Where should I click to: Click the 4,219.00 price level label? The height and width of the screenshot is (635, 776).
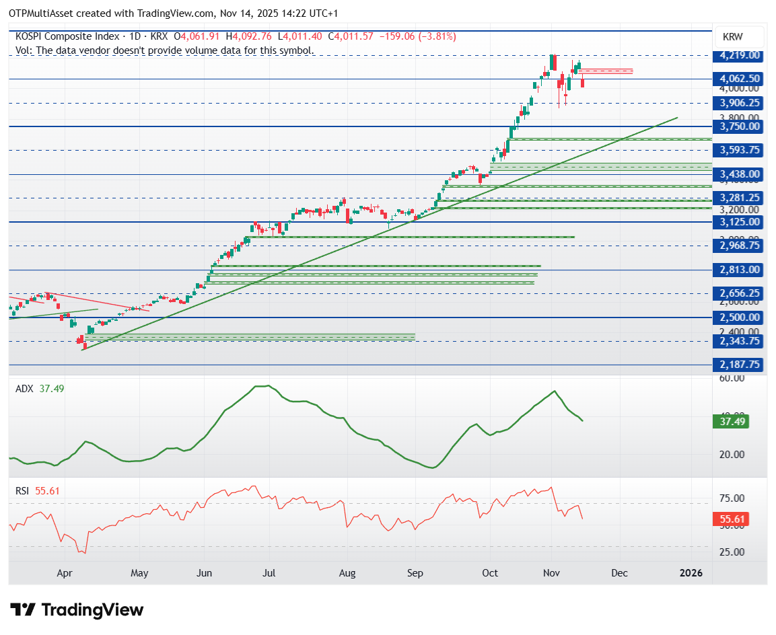pyautogui.click(x=740, y=55)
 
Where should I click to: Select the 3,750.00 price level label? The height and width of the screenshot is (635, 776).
pyautogui.click(x=740, y=126)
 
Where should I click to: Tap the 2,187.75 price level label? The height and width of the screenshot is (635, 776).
pyautogui.click(x=740, y=364)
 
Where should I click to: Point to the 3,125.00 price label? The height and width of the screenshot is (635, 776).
pyautogui.click(x=740, y=222)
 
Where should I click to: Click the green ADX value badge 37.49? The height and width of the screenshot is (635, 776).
pyautogui.click(x=730, y=422)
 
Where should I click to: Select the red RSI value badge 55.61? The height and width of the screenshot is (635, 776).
pyautogui.click(x=730, y=519)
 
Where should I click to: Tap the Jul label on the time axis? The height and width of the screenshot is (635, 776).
pyautogui.click(x=269, y=573)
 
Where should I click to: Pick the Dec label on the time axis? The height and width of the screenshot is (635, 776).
pyautogui.click(x=619, y=573)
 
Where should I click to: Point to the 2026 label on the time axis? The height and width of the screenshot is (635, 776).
pyautogui.click(x=691, y=573)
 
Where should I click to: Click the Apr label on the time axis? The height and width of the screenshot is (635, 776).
pyautogui.click(x=65, y=573)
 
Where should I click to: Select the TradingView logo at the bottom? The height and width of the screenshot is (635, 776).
pyautogui.click(x=77, y=610)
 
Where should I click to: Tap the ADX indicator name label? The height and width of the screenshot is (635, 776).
pyautogui.click(x=24, y=389)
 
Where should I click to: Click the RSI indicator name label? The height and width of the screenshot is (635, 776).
pyautogui.click(x=23, y=491)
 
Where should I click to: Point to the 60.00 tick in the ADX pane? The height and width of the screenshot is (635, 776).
pyautogui.click(x=731, y=378)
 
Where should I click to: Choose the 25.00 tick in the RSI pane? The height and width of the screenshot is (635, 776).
pyautogui.click(x=731, y=552)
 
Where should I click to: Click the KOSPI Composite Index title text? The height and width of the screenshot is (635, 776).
pyautogui.click(x=67, y=36)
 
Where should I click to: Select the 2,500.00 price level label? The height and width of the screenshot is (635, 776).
pyautogui.click(x=740, y=317)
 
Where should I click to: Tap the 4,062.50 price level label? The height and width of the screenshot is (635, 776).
pyautogui.click(x=740, y=79)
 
